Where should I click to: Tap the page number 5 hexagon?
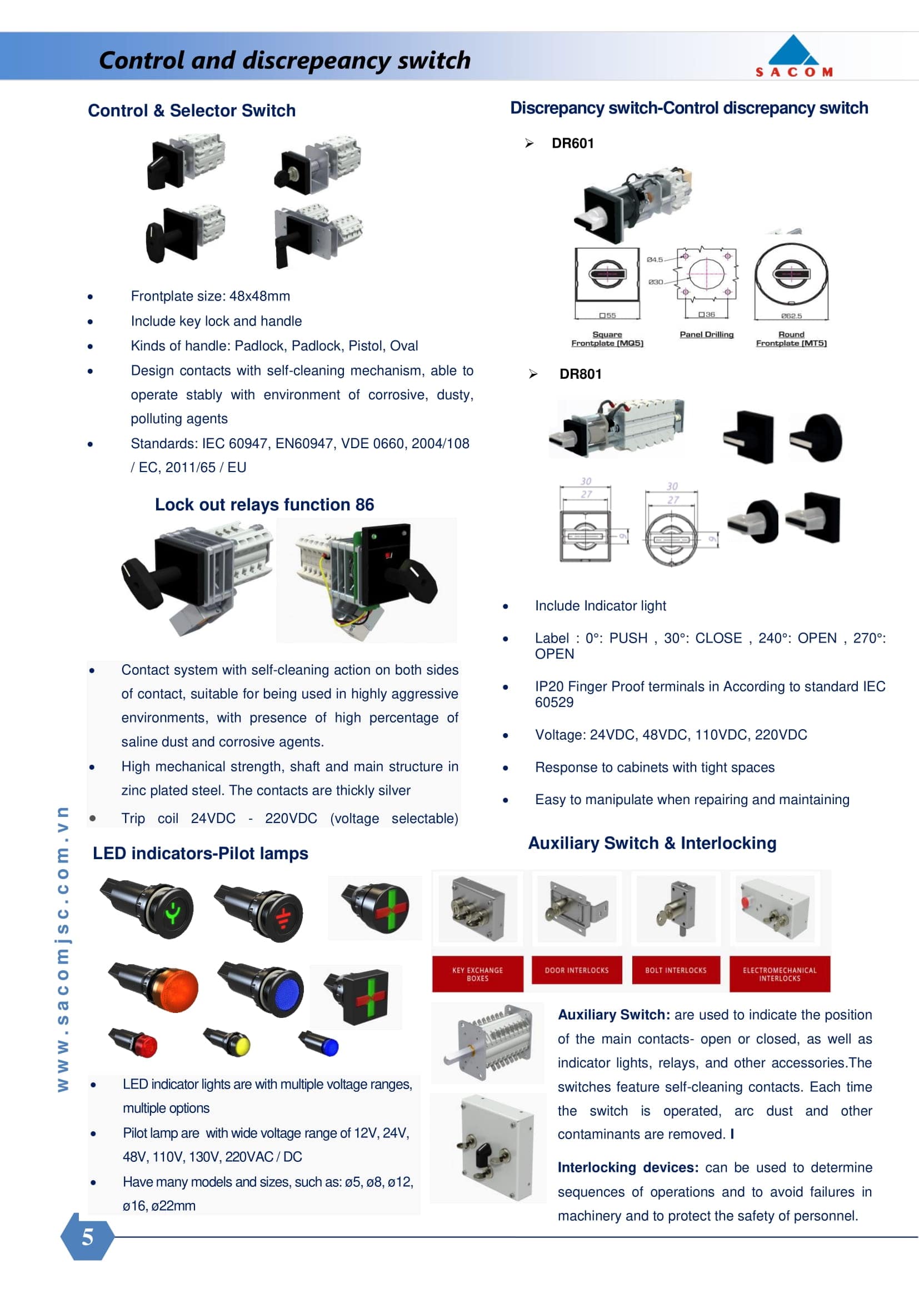click(x=87, y=1237)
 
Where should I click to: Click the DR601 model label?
click(x=573, y=143)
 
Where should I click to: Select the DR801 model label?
click(x=580, y=374)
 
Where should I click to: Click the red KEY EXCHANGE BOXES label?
click(x=477, y=974)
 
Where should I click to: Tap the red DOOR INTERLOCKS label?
click(x=576, y=970)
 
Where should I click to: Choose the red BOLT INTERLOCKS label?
click(x=676, y=970)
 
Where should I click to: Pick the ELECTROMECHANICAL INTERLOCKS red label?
click(x=779, y=974)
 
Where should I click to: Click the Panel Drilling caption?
click(x=706, y=334)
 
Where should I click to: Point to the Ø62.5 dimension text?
click(x=791, y=315)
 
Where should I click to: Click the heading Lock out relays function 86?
click(x=264, y=504)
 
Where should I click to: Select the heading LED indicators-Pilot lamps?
click(x=201, y=852)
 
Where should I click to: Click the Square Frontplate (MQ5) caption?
click(x=607, y=339)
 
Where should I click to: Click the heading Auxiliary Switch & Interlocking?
click(x=652, y=842)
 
